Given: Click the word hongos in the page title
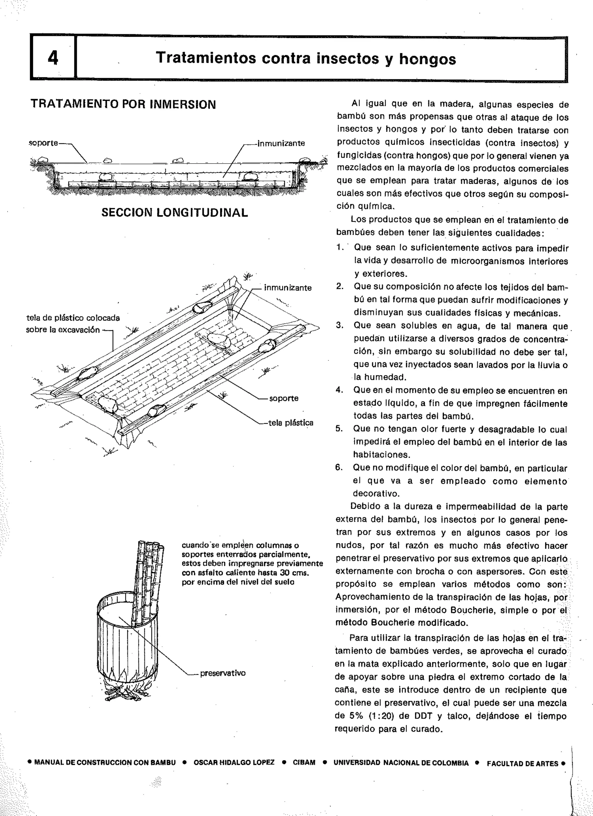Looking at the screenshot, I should (427, 59).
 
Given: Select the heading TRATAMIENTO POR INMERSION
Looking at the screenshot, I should (123, 104).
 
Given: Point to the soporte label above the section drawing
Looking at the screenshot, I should (43, 143).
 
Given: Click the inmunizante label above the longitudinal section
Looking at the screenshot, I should (280, 143).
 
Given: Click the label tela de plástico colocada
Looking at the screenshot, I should (73, 318).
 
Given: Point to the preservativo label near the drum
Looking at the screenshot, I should (223, 673).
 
